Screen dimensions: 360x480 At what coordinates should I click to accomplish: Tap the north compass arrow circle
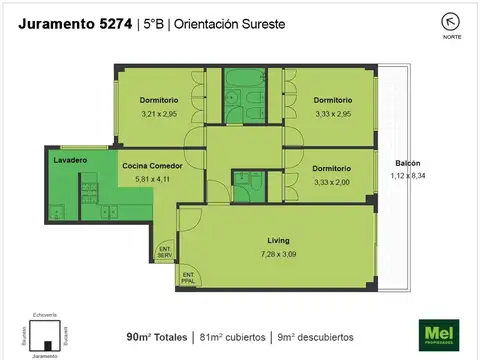(452, 21)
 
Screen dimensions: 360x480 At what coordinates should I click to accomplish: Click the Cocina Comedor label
(151, 166)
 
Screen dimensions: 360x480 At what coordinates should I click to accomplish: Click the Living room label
(277, 241)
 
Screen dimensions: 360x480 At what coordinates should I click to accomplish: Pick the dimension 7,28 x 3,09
(279, 254)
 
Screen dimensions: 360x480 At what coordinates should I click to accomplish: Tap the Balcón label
(407, 163)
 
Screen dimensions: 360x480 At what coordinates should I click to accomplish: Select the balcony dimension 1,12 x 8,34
(407, 176)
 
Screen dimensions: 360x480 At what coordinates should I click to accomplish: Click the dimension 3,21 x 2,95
(158, 114)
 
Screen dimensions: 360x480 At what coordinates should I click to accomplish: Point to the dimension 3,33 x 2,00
(331, 182)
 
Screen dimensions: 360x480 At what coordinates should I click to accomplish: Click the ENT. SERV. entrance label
(165, 254)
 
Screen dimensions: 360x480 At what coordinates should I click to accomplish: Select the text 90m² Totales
(157, 335)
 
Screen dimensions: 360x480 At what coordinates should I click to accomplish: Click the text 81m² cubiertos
(230, 335)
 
